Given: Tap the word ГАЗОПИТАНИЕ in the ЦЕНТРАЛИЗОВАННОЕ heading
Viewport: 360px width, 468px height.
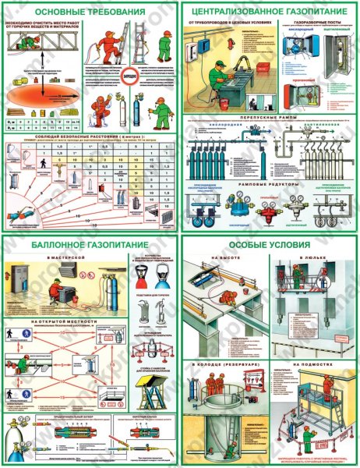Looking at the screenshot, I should pos(302,12).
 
